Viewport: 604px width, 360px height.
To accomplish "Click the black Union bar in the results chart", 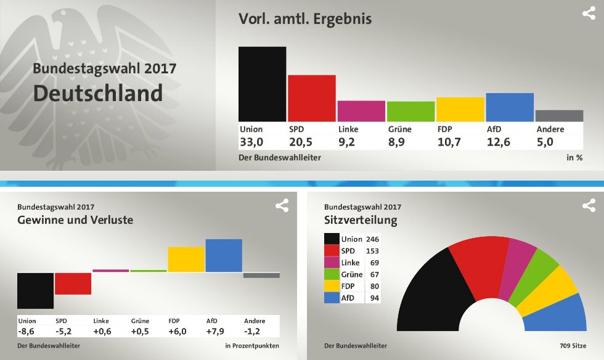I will point(262,84).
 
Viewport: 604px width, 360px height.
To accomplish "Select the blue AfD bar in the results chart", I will point(510,107).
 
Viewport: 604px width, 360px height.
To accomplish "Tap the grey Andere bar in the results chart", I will point(559,116).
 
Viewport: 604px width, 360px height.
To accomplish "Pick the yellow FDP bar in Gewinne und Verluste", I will point(186,260).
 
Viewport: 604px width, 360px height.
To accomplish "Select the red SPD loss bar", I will point(73,284).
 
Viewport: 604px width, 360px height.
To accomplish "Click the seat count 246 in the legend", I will point(372,239).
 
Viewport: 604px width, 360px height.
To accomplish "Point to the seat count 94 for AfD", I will point(373,298).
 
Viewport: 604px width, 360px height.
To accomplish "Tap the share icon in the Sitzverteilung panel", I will point(589,205).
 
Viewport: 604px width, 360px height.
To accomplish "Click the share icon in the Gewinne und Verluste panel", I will point(282,205).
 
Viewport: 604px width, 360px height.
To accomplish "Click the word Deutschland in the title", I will point(98,94).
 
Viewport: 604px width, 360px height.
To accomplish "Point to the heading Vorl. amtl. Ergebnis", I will point(305,18).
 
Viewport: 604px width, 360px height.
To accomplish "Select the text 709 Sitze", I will point(573,346).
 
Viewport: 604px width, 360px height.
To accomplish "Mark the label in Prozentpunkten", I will point(252,346).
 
